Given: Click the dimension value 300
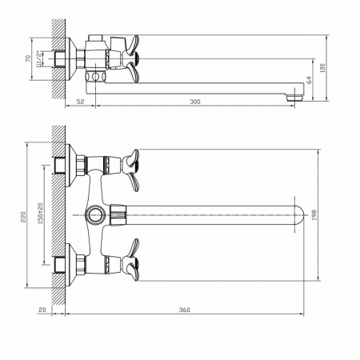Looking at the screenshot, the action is [195, 102].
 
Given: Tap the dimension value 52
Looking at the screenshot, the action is [80, 102].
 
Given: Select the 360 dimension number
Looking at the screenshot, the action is [185, 310].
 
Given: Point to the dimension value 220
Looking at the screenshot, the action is [23, 217].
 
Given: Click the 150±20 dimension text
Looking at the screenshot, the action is [40, 214].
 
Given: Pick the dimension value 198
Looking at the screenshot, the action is [314, 215].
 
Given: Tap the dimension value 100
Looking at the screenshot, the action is [322, 68].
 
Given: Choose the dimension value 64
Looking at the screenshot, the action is [309, 80].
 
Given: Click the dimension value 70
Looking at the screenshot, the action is [28, 58].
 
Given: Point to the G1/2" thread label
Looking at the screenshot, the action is [39, 58].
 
